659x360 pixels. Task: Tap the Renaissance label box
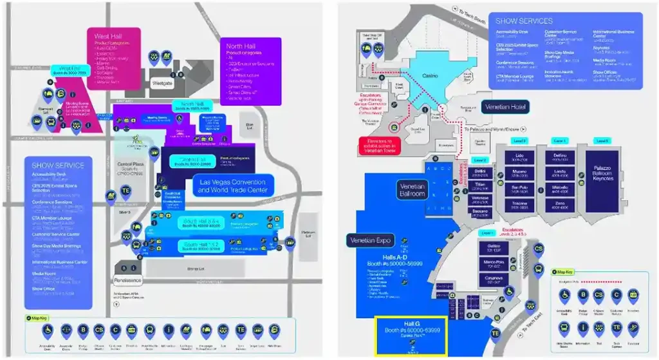129,281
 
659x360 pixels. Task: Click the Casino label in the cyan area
430,76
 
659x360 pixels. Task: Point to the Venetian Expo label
371,240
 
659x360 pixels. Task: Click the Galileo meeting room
493,249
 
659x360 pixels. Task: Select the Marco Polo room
493,265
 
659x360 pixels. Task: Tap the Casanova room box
493,280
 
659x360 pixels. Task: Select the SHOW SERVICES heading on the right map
524,21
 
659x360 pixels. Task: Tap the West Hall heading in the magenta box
107,37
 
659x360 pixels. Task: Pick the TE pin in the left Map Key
240,330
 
